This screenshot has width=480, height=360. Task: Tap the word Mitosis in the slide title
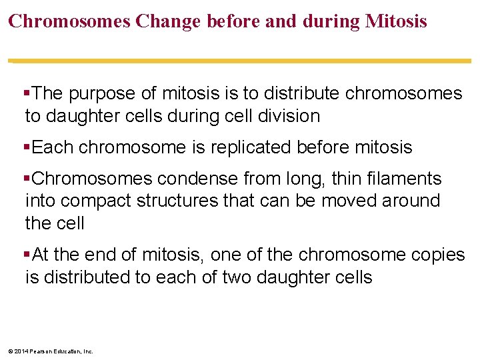396,21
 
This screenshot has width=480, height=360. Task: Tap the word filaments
402,179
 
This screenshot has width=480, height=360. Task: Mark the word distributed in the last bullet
86,277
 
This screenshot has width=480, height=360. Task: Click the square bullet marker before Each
27,147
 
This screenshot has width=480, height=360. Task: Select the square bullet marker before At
27,255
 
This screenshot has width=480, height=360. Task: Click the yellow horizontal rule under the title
240,61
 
